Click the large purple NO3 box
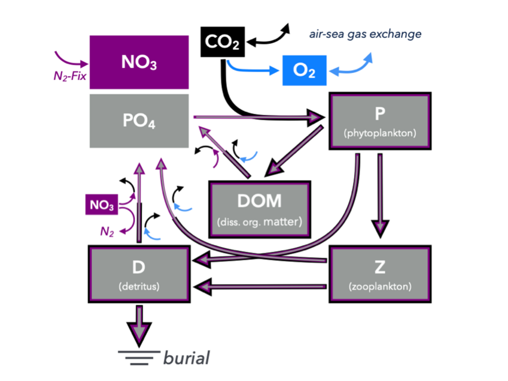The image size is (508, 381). pos(139,62)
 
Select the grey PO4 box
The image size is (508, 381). pos(139,121)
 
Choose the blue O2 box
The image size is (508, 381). pos(304,70)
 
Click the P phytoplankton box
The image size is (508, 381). pos(380,121)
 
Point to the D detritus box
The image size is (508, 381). pos(138,273)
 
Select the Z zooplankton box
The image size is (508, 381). pos(380,273)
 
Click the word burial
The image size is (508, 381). pos(187,358)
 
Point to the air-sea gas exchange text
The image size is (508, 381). pos(365,34)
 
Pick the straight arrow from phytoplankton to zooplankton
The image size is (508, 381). pos(380,193)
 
